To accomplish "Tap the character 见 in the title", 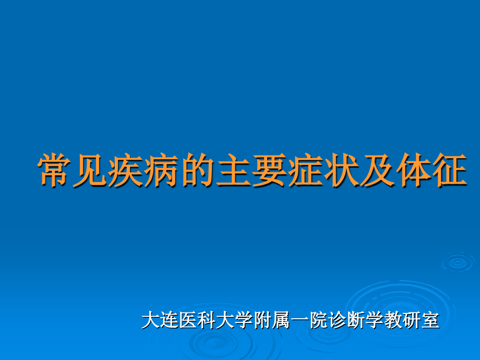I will tap(91, 171).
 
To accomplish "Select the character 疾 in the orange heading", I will tap(127, 171).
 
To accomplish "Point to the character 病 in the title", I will tap(162, 171).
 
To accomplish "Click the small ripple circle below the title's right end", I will tap(457, 262).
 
